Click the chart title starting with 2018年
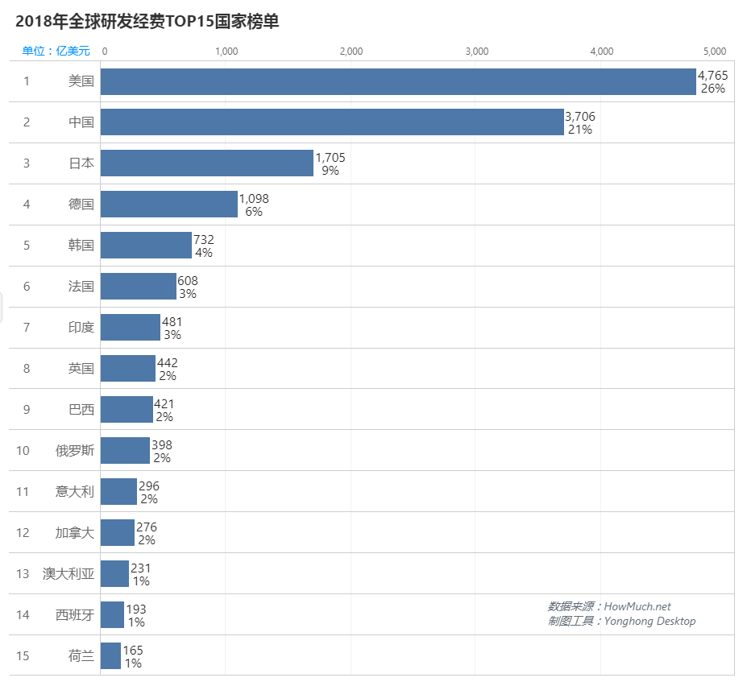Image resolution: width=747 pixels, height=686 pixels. [x=147, y=22]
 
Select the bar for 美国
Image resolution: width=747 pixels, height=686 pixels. [x=398, y=81]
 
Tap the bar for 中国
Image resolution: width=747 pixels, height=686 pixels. [x=332, y=122]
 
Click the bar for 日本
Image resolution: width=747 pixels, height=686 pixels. [x=207, y=163]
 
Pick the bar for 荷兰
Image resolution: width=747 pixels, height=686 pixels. [x=110, y=655]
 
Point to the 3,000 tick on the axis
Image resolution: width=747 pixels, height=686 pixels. [x=477, y=52]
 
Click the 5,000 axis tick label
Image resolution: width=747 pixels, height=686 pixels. [x=715, y=52]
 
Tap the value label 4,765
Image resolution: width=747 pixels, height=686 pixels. [x=713, y=75]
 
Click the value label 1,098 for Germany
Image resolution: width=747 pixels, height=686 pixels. [x=254, y=198]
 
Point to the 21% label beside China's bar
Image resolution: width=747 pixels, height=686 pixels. [x=580, y=130]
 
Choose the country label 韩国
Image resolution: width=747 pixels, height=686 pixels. [x=81, y=245]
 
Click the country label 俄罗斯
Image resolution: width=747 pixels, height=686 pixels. [x=75, y=450]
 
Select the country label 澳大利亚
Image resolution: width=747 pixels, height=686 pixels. [x=68, y=573]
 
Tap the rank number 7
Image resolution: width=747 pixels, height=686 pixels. [x=27, y=327]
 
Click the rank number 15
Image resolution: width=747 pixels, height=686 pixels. [x=23, y=655]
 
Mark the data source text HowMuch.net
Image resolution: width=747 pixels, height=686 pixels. [x=637, y=606]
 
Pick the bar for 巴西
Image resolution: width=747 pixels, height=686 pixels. [x=127, y=409]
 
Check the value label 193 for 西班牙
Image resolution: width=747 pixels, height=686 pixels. [x=136, y=610]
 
